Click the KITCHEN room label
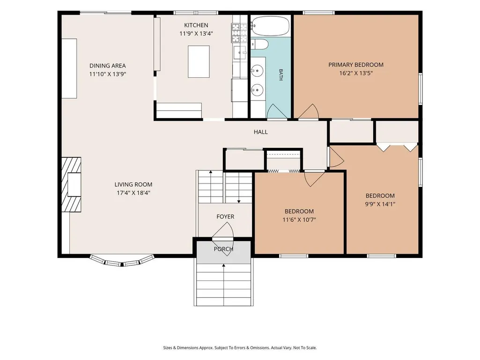(196, 25)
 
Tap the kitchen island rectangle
(199, 61)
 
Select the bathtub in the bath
(270, 26)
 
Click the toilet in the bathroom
(259, 44)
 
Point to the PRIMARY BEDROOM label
(356, 65)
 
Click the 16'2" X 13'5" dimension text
(356, 73)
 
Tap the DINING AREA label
(107, 66)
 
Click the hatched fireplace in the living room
(71, 184)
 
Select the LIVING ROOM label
(133, 184)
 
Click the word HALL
(260, 132)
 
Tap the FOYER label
(225, 216)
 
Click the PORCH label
(223, 249)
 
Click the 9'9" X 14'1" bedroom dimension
(380, 204)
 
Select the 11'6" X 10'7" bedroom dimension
(299, 220)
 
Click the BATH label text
(281, 75)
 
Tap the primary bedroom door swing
(309, 111)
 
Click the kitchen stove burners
(239, 33)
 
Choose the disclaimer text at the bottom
(240, 348)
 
